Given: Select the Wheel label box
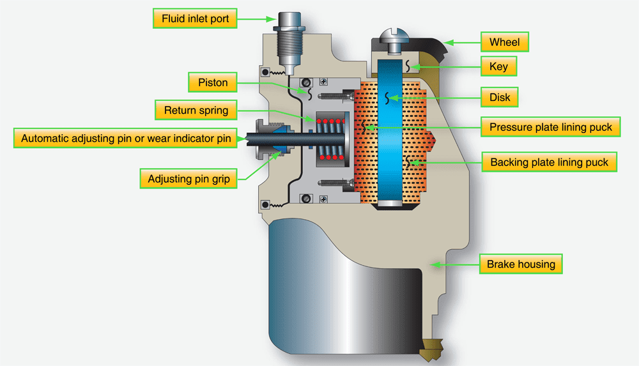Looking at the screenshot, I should (x=504, y=43).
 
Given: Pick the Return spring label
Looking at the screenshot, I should (x=196, y=111).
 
